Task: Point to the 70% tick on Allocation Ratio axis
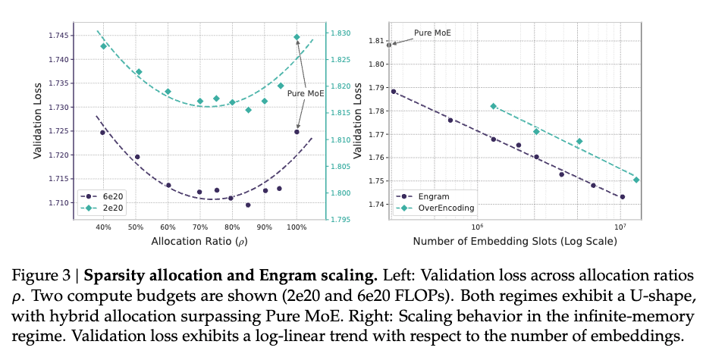pos(200,227)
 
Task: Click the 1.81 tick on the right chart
pos(374,41)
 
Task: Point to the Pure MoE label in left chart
pos(306,94)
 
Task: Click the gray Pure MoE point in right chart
pos(389,45)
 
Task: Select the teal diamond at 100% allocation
pos(297,37)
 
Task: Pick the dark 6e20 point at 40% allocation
pos(103,133)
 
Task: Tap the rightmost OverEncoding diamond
pos(636,180)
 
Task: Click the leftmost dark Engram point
pos(394,91)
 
